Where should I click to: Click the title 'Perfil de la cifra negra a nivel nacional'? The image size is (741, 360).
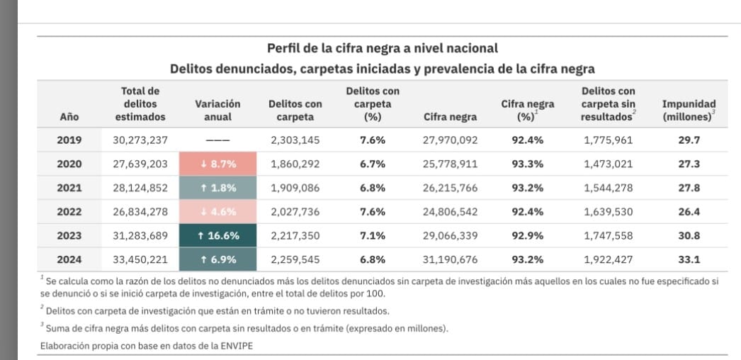(x=382, y=49)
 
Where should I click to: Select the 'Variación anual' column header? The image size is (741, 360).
(x=217, y=110)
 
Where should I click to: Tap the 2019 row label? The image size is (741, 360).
(x=69, y=140)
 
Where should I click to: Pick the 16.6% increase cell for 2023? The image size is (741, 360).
(x=217, y=236)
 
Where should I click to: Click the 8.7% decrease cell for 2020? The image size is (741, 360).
(x=217, y=164)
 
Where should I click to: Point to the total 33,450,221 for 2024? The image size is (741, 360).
(x=140, y=260)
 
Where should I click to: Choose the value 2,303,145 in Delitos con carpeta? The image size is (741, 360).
(x=295, y=140)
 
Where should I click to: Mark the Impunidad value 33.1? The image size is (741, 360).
(x=689, y=260)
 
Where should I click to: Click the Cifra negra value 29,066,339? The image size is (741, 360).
(x=450, y=236)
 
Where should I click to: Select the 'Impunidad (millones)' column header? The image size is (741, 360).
(x=689, y=110)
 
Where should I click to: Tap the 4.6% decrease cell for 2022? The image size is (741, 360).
(x=217, y=212)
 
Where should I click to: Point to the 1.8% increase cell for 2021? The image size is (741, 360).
(x=217, y=188)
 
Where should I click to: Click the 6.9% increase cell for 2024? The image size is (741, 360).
(x=217, y=260)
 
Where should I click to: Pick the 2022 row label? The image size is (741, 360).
(x=69, y=212)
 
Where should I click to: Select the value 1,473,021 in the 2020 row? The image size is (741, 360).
(x=608, y=164)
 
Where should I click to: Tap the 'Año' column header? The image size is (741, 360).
(x=69, y=116)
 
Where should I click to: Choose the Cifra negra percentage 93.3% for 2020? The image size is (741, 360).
(x=528, y=164)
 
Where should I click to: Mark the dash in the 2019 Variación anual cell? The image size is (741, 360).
(x=217, y=140)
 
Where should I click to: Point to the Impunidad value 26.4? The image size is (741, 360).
(x=689, y=212)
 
